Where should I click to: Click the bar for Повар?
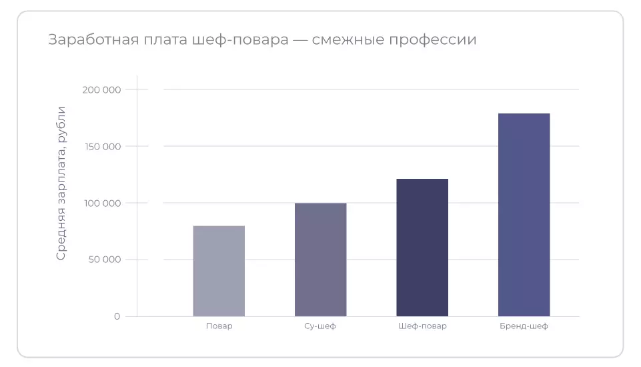tap(219, 271)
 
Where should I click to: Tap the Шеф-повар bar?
tap(422, 248)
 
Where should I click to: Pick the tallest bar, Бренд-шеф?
tap(524, 215)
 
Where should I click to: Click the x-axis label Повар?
tap(219, 326)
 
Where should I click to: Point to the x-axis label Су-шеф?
tap(321, 326)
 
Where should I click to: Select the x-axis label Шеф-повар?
tap(422, 326)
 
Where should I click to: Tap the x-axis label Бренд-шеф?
tap(524, 326)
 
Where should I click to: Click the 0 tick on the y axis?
tap(117, 316)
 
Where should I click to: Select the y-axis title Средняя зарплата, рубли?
tap(61, 183)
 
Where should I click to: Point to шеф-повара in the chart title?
tap(239, 40)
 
